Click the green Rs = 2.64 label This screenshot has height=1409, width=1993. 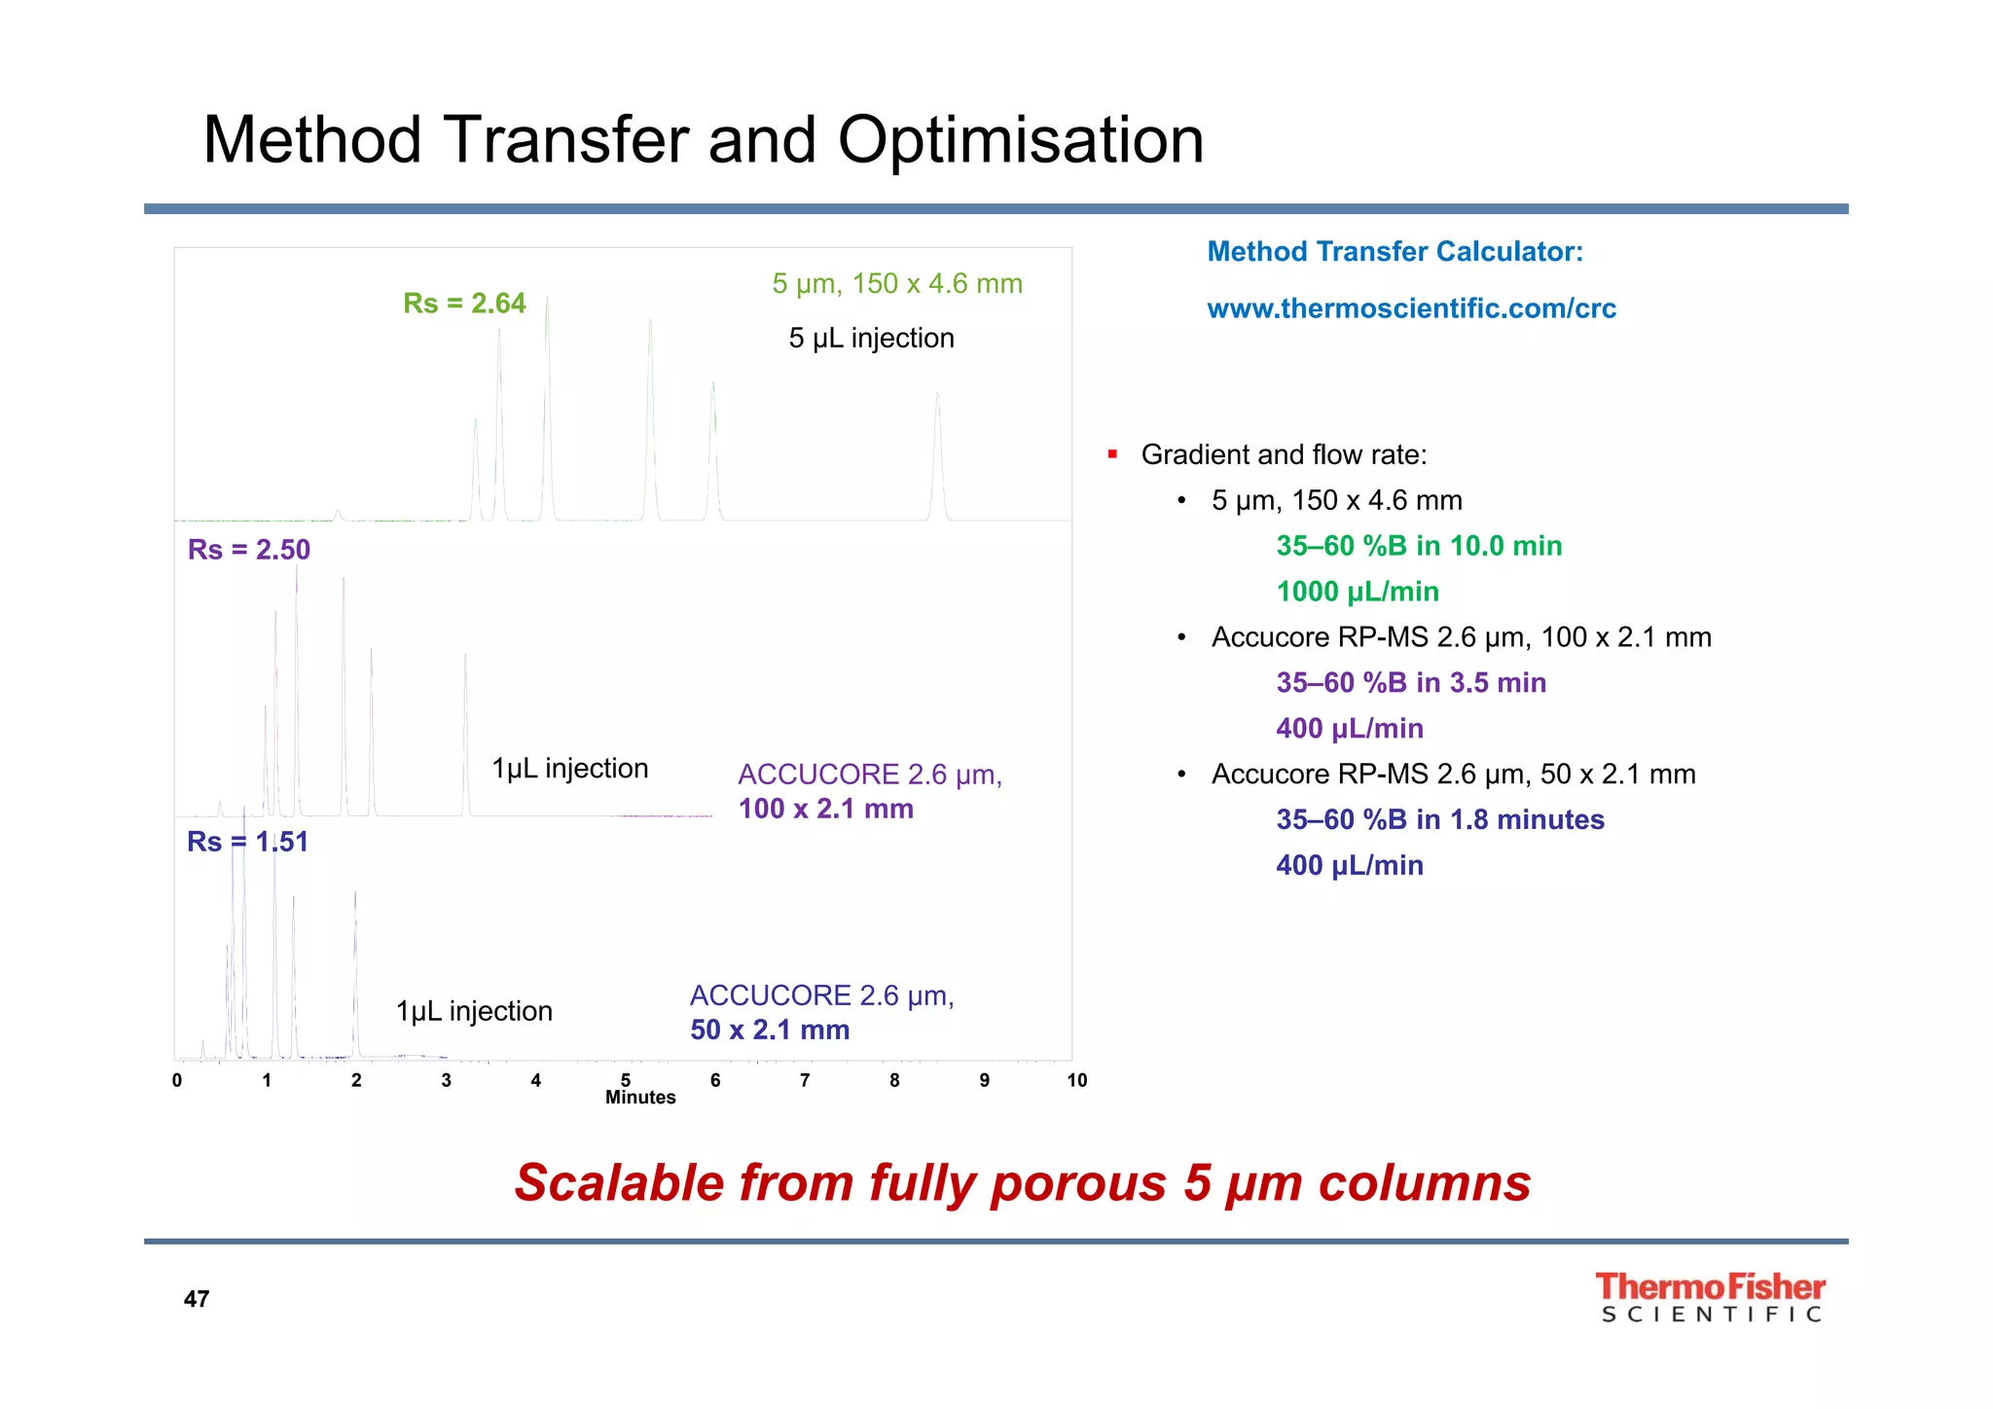(x=464, y=304)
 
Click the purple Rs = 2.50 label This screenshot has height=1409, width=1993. (x=249, y=550)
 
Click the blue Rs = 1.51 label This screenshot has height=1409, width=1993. (x=247, y=842)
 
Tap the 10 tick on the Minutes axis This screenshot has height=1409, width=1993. (x=1076, y=1080)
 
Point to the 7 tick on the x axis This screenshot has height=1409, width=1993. (x=805, y=1080)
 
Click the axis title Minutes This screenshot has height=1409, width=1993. (x=640, y=1098)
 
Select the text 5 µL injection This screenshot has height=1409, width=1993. (x=871, y=339)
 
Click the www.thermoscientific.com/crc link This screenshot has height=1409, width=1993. (x=1411, y=308)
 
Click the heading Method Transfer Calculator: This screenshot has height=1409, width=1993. (x=1395, y=252)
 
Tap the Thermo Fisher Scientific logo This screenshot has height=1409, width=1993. (x=1710, y=1297)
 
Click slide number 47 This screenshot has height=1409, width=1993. (x=197, y=1299)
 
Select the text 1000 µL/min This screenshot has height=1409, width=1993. (x=1357, y=592)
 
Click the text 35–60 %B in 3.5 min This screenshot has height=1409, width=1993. (x=1411, y=683)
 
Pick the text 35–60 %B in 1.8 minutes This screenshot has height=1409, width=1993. (x=1439, y=819)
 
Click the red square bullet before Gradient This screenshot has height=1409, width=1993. (x=1112, y=454)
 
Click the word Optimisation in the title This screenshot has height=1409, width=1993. (x=1021, y=140)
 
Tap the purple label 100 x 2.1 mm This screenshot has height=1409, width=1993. (x=825, y=809)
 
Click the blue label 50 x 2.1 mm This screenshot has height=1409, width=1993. (x=770, y=1030)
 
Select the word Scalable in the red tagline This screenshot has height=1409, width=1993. (x=619, y=1183)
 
